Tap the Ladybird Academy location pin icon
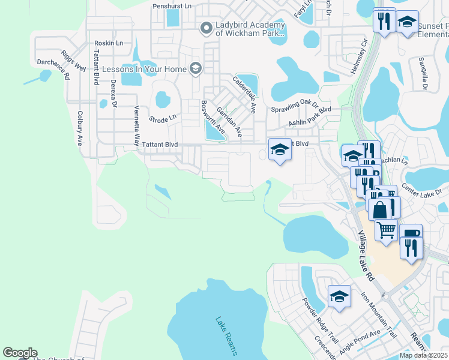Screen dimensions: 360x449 pyautogui.click(x=206, y=28)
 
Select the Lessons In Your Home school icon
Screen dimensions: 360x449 pyautogui.click(x=194, y=69)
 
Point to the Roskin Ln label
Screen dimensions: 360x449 pyautogui.click(x=109, y=43)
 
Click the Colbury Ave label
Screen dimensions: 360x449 pyautogui.click(x=79, y=127)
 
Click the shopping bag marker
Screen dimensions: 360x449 pyautogui.click(x=381, y=209)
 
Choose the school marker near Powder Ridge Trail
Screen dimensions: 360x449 pyautogui.click(x=339, y=296)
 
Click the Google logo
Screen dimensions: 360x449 pyautogui.click(x=20, y=353)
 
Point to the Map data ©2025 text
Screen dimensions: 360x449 pyautogui.click(x=423, y=355)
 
